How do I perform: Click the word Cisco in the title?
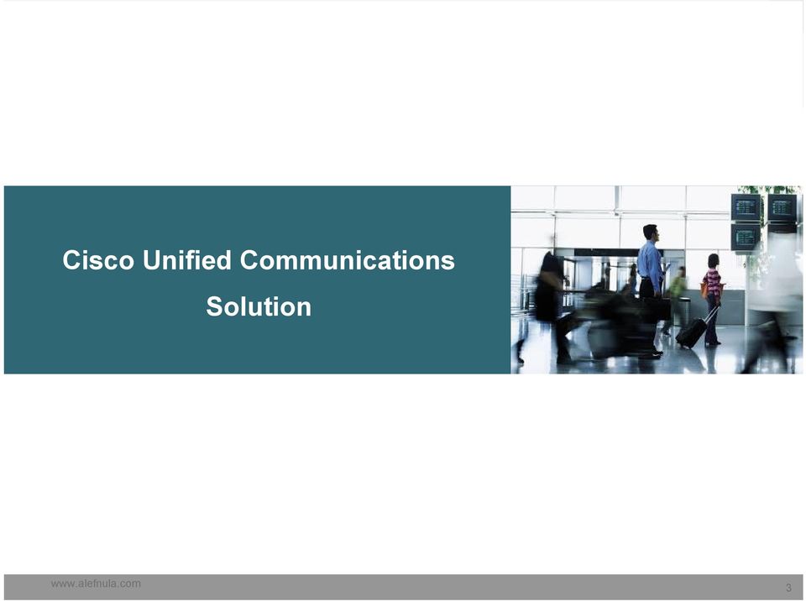point(98,260)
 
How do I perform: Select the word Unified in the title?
point(187,260)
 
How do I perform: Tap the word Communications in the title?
point(348,260)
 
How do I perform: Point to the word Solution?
point(259,306)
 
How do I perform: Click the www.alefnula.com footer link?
point(96,583)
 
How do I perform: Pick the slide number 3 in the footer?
point(788,588)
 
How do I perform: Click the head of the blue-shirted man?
point(650,233)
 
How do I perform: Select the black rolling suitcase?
point(691,332)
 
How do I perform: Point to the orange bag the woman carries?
point(704,290)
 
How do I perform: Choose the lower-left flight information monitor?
point(746,237)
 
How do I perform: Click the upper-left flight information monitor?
point(746,207)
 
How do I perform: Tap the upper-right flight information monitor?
point(782,207)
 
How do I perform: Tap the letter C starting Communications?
point(249,260)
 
